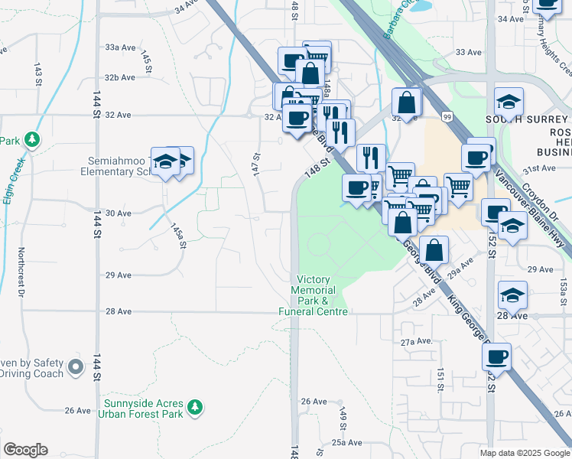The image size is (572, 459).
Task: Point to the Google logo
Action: pos(25,449)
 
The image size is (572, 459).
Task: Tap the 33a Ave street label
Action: pos(120,47)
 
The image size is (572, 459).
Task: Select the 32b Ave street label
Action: pos(120,77)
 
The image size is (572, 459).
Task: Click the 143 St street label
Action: pos(37,76)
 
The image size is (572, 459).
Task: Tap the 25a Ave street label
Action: pos(346,442)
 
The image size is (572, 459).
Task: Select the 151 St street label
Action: pos(441,379)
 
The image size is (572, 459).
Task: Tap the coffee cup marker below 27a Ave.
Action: pos(496,356)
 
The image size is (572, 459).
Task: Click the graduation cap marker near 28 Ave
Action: pos(512,295)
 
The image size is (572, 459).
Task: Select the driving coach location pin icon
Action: pos(76,367)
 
